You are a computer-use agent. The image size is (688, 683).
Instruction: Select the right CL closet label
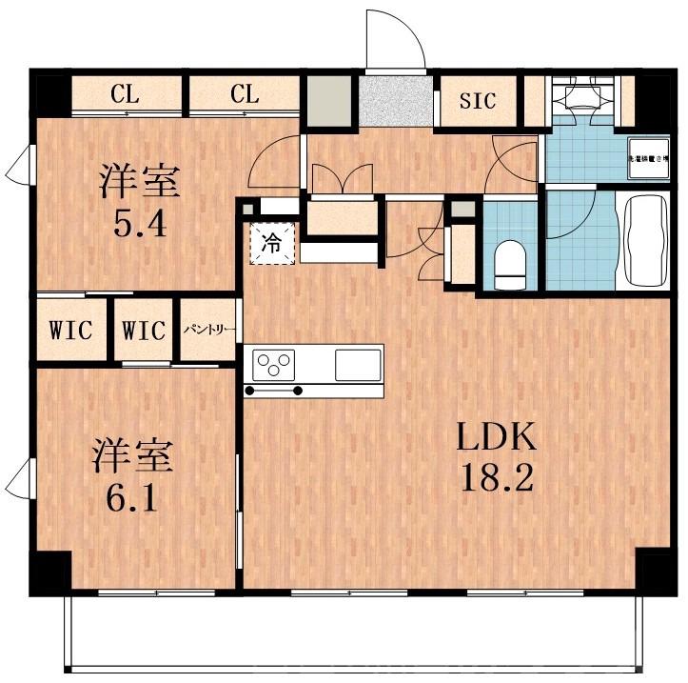(244, 94)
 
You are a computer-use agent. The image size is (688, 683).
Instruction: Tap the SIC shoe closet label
(478, 101)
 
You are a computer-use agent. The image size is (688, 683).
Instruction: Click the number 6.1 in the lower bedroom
(131, 497)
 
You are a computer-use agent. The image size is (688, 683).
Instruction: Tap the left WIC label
(71, 331)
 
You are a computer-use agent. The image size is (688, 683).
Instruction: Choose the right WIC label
(144, 331)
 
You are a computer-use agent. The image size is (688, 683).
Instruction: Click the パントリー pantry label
(207, 331)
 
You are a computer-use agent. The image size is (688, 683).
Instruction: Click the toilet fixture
(511, 263)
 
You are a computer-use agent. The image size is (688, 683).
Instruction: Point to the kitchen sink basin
(358, 363)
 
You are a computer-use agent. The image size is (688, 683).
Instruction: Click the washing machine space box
(648, 157)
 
